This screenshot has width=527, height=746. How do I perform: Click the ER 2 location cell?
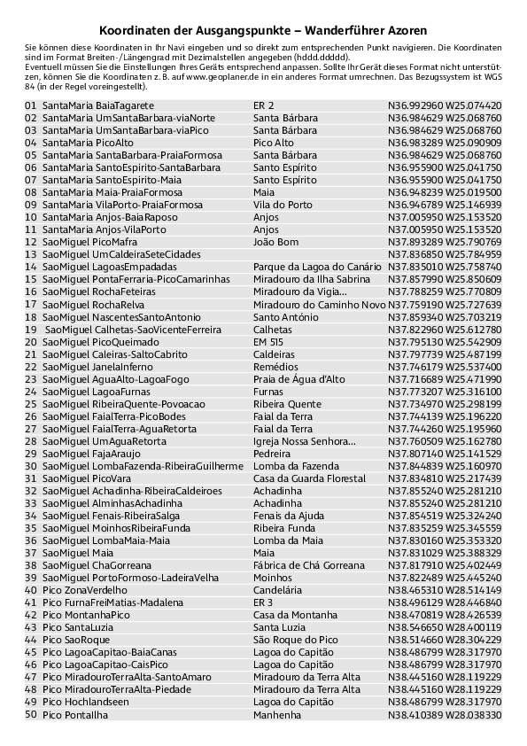click(x=263, y=105)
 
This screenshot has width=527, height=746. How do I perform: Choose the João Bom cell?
click(x=275, y=242)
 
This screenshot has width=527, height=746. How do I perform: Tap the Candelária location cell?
click(x=278, y=589)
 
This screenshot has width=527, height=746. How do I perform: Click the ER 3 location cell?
click(x=263, y=602)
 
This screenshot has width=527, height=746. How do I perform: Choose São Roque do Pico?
click(x=295, y=639)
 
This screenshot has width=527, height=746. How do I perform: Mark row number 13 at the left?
click(x=31, y=254)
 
